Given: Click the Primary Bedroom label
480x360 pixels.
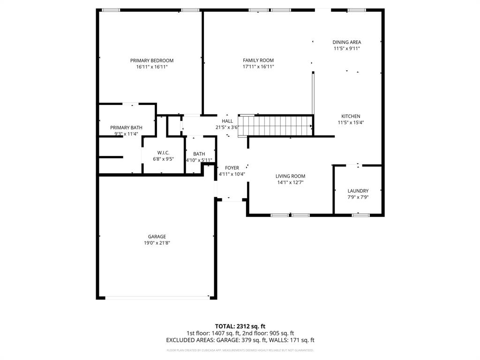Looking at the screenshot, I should (151, 60).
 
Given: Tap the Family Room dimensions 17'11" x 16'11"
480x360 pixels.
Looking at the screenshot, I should (258, 67).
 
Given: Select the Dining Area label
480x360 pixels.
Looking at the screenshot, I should (346, 42).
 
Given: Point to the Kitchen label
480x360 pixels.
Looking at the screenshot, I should (350, 116).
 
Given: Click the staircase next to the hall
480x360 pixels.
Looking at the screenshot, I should (275, 126).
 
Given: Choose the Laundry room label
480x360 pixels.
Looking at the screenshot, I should (358, 191).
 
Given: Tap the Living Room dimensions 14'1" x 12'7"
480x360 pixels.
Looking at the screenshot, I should (290, 183).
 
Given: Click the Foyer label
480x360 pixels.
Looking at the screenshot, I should (232, 168).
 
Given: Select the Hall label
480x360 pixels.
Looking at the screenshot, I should (227, 121).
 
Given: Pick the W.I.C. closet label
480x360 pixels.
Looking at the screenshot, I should (163, 153).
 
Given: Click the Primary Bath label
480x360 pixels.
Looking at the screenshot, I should (126, 127).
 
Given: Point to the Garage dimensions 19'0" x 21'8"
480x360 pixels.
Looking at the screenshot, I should (157, 243).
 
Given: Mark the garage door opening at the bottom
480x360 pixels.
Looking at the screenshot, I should (157, 297).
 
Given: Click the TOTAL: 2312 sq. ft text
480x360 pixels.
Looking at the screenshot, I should (240, 326).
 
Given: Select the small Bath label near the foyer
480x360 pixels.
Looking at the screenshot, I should (199, 154).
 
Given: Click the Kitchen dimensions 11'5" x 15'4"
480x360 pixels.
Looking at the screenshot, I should (351, 123).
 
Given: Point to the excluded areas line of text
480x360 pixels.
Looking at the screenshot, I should (240, 340).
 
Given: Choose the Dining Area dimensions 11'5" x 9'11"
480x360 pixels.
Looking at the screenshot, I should (346, 48).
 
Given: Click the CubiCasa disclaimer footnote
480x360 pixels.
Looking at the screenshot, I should (240, 350).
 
